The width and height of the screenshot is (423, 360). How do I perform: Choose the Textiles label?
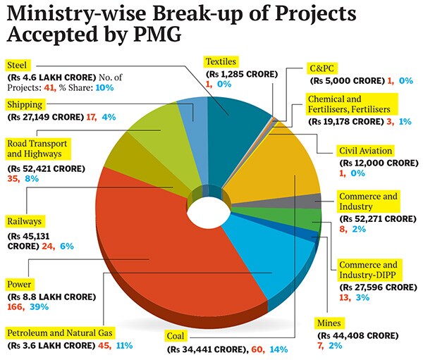pos(222,61)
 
